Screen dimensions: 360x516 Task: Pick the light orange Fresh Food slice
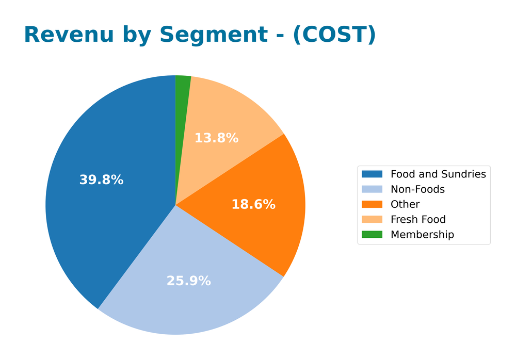pyautogui.click(x=227, y=119)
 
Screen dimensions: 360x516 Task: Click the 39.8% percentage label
pyautogui.click(x=101, y=180)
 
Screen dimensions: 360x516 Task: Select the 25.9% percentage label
pyautogui.click(x=188, y=281)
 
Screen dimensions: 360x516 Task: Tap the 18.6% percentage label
pyautogui.click(x=253, y=204)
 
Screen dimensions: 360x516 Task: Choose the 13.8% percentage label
pyautogui.click(x=216, y=138)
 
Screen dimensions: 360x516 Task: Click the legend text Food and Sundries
pyautogui.click(x=438, y=174)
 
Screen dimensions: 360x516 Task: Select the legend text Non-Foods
pyautogui.click(x=417, y=189)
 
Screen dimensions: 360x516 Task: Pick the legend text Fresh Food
pyautogui.click(x=418, y=219)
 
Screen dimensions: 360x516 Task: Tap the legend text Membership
pyautogui.click(x=422, y=235)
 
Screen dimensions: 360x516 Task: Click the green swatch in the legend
pyautogui.click(x=372, y=235)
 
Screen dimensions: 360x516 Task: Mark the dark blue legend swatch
pyautogui.click(x=372, y=174)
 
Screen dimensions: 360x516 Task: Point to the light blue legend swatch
pyautogui.click(x=372, y=189)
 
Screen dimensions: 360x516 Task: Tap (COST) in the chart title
pyautogui.click(x=334, y=35)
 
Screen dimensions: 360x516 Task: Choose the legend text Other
pyautogui.click(x=405, y=204)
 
